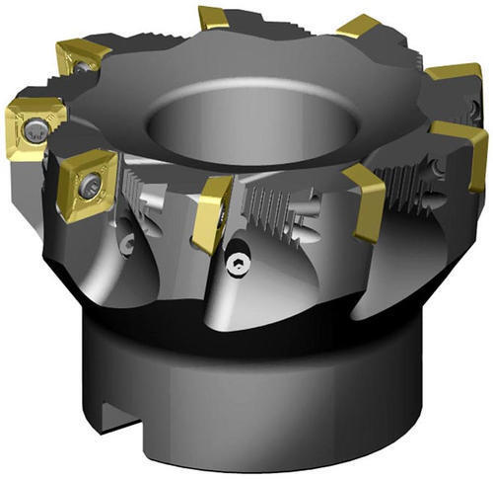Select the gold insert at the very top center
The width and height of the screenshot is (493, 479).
[213, 17]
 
